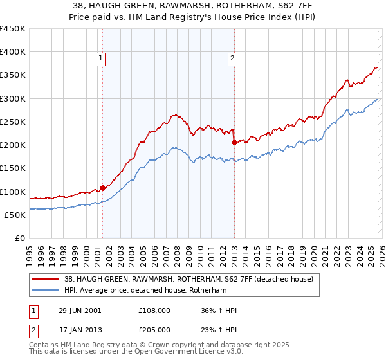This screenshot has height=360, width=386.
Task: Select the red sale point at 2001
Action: click(x=102, y=188)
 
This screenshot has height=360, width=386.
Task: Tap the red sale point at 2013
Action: click(x=234, y=143)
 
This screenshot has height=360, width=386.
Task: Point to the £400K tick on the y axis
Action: click(x=13, y=52)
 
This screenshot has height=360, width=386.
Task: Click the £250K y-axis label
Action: click(x=13, y=122)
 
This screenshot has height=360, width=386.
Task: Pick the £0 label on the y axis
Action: click(x=21, y=238)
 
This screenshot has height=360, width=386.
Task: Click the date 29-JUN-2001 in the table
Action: click(x=79, y=310)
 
